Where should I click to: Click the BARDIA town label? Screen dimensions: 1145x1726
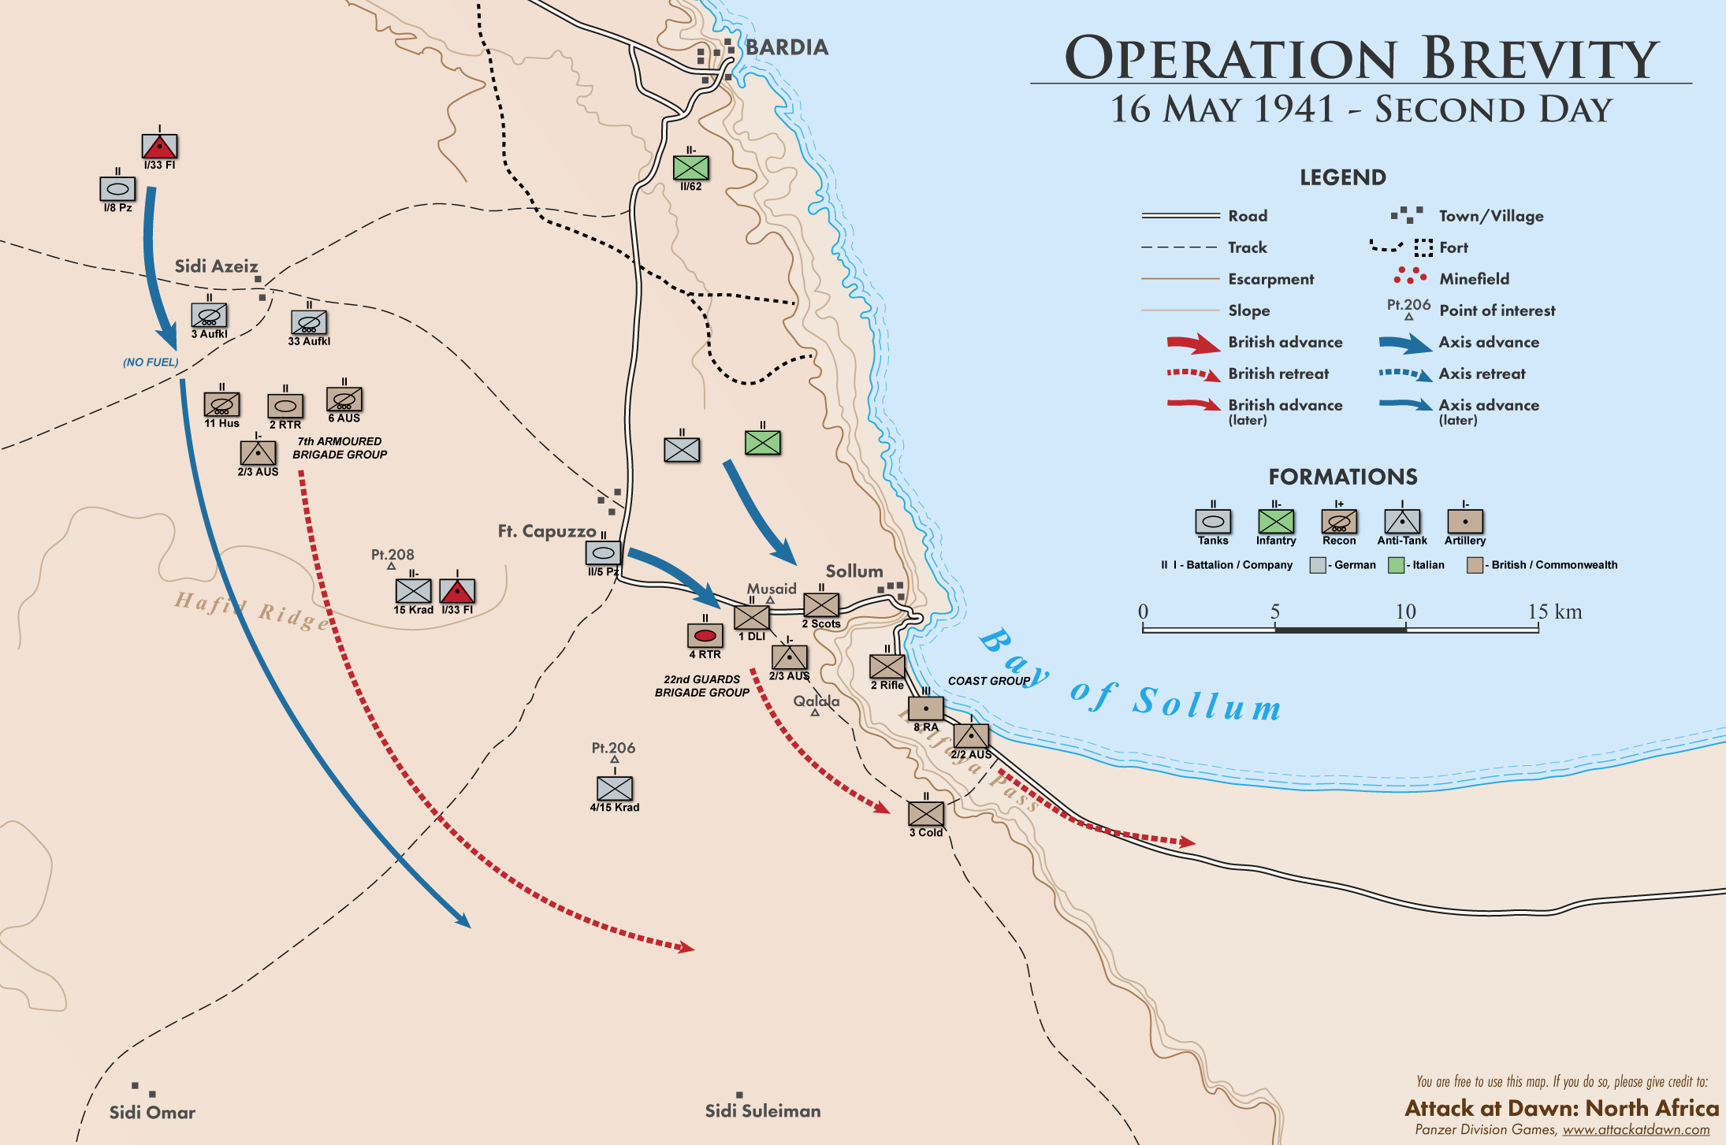(x=787, y=47)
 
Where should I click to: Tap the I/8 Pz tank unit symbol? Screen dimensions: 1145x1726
(x=117, y=189)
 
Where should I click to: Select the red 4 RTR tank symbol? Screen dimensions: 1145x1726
(x=705, y=635)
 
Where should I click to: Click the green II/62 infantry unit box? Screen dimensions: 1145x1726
(x=690, y=168)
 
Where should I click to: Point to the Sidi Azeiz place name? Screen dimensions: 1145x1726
(x=216, y=266)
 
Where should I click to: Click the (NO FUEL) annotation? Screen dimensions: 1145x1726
(x=151, y=362)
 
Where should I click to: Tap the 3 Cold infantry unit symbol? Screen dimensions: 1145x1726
(x=925, y=813)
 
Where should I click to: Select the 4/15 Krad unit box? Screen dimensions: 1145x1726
(x=614, y=788)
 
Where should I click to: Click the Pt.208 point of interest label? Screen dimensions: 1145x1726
(x=392, y=555)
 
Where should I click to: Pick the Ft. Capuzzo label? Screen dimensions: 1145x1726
(x=546, y=531)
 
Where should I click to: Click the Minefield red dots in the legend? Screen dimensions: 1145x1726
(x=1409, y=276)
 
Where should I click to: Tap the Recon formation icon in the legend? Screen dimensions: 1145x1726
(x=1339, y=522)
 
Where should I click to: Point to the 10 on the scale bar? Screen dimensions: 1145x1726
(x=1405, y=612)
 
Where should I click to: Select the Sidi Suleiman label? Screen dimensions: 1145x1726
(x=762, y=1111)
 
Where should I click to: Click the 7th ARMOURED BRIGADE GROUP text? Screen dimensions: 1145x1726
(x=340, y=448)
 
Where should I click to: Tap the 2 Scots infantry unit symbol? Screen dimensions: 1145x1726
(x=820, y=604)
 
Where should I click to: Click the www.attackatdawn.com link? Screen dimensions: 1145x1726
(x=1636, y=1130)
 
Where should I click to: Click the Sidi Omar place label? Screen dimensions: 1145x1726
(x=152, y=1113)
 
